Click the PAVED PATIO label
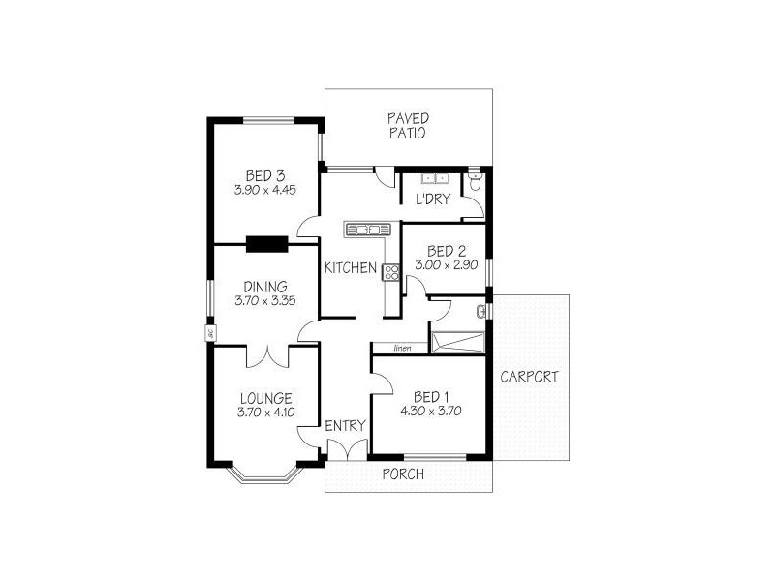pyautogui.click(x=408, y=126)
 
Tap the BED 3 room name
pyautogui.click(x=264, y=176)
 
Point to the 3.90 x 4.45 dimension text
pyautogui.click(x=264, y=191)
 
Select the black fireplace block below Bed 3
pyautogui.click(x=266, y=244)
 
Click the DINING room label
pyautogui.click(x=264, y=287)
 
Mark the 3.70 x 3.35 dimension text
pyautogui.click(x=264, y=301)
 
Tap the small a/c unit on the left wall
pyautogui.click(x=209, y=333)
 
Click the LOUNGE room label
pyautogui.click(x=264, y=398)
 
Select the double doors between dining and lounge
pyautogui.click(x=266, y=355)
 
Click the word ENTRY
pyautogui.click(x=345, y=425)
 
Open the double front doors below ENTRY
pyautogui.click(x=346, y=449)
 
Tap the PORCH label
pyautogui.click(x=402, y=474)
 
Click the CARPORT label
pyautogui.click(x=529, y=377)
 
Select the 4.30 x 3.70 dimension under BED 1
pyautogui.click(x=430, y=411)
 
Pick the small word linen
pyautogui.click(x=405, y=348)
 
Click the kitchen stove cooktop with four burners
pyautogui.click(x=391, y=272)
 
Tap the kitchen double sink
pyautogui.click(x=368, y=229)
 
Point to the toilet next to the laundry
pyautogui.click(x=475, y=182)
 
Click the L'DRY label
pyautogui.click(x=431, y=199)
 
